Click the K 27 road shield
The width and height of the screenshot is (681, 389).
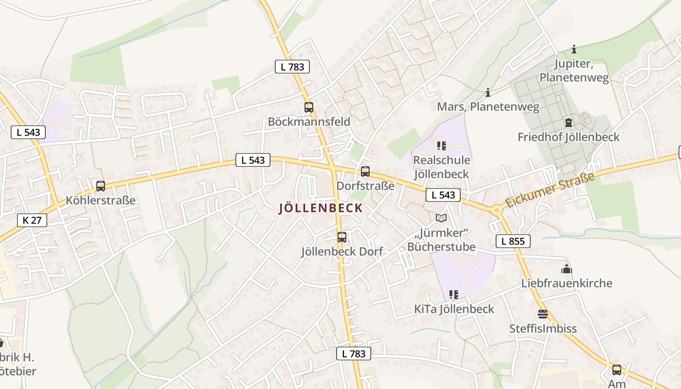[x=32, y=220]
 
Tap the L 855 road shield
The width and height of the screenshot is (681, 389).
[x=513, y=241]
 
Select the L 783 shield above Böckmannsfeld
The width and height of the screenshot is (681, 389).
[x=292, y=67]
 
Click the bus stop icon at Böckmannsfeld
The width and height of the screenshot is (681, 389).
[x=309, y=107]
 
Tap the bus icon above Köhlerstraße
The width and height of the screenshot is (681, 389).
[x=101, y=186]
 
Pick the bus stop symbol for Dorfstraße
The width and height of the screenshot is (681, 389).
[x=365, y=172]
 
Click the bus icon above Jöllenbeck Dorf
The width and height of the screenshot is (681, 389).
[x=342, y=237]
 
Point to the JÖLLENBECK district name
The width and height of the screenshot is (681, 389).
[x=321, y=209]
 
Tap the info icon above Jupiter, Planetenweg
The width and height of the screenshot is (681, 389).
[x=574, y=49]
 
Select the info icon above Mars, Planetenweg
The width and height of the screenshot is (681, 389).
[x=488, y=92]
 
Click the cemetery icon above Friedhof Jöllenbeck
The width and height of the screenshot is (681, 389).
[x=568, y=123]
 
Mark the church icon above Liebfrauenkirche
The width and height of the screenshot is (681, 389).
[x=567, y=269]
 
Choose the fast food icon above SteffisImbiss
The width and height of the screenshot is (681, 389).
[x=543, y=314]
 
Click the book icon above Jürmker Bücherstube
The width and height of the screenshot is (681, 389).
[x=441, y=218]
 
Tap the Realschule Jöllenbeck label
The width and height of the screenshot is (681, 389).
[x=441, y=167]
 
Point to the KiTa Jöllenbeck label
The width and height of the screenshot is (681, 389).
[x=454, y=309]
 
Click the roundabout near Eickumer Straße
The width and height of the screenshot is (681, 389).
[x=497, y=211]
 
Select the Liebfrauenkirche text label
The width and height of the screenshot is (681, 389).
[x=567, y=283]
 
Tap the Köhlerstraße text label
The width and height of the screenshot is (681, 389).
[x=101, y=200]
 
